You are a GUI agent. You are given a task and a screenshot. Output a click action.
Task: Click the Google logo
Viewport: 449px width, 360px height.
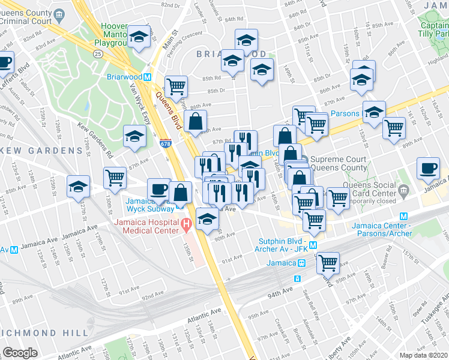pyautogui.click(x=20, y=353)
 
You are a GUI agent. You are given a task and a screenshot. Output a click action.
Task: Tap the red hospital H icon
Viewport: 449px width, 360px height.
pyautogui.click(x=186, y=226)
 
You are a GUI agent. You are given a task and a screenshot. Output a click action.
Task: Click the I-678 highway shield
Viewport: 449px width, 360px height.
pyautogui.click(x=166, y=144)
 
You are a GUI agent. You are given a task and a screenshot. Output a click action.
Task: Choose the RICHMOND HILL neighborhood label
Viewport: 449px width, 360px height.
pyautogui.click(x=36, y=332)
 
